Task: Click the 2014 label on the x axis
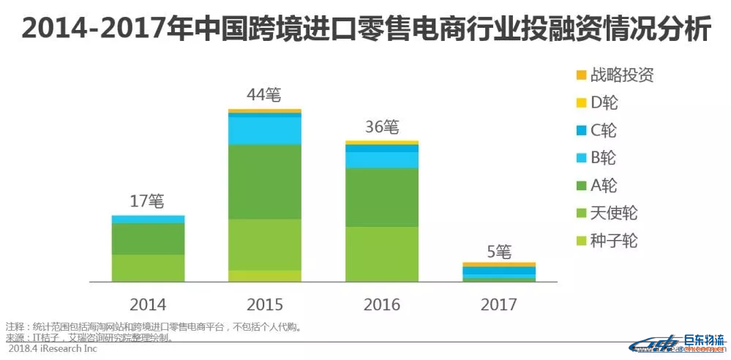(148, 304)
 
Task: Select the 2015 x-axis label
(265, 304)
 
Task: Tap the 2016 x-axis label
(382, 304)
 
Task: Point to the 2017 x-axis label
(499, 304)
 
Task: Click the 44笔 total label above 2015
(265, 95)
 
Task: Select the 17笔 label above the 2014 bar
(148, 201)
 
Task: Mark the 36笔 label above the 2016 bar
(382, 127)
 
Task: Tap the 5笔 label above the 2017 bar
(499, 251)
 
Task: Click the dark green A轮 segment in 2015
(265, 181)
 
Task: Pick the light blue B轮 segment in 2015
(265, 130)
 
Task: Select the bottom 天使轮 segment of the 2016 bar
(382, 254)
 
